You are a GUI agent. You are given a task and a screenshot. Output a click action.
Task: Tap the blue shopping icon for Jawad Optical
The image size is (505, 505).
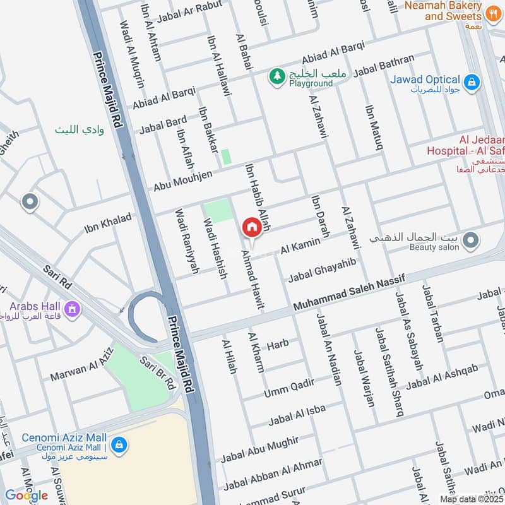471,81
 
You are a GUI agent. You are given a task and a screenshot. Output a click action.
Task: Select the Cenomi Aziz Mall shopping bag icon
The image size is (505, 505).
119,446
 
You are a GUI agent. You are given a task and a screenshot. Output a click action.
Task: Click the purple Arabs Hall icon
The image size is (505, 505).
73,309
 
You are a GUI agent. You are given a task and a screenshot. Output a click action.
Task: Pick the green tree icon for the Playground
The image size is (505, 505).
276,77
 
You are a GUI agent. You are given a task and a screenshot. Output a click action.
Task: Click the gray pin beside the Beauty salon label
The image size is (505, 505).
469,241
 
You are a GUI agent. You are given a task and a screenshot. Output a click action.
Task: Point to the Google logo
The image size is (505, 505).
26,495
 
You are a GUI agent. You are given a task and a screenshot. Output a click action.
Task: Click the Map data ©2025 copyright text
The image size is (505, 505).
471,499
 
